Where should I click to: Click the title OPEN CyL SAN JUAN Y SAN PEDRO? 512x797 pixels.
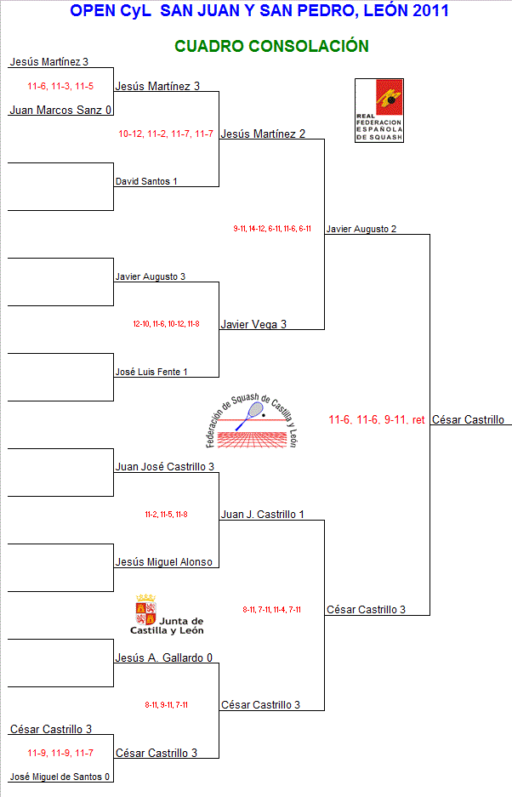[259, 11]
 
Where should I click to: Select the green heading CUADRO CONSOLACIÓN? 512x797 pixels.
[271, 46]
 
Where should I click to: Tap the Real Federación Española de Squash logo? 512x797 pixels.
[378, 111]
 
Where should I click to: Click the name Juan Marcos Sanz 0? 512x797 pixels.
[60, 110]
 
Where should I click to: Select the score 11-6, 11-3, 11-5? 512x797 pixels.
[60, 86]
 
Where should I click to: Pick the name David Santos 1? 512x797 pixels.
[146, 181]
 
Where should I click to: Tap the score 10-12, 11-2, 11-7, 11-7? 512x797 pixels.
[166, 134]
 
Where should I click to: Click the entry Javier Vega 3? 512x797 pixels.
[253, 324]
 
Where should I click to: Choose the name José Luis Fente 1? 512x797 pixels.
[151, 372]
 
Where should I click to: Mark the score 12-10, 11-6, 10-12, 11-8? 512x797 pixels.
[166, 324]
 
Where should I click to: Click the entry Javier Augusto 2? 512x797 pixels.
[361, 229]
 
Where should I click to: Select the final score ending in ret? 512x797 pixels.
[376, 419]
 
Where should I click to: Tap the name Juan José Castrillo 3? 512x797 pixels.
[164, 467]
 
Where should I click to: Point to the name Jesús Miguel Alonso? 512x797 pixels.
[163, 562]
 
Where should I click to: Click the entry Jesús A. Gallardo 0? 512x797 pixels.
[163, 658]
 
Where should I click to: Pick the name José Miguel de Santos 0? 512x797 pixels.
[60, 777]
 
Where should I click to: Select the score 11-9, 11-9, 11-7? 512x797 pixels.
[60, 753]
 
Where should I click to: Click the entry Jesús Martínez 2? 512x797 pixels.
[262, 134]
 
